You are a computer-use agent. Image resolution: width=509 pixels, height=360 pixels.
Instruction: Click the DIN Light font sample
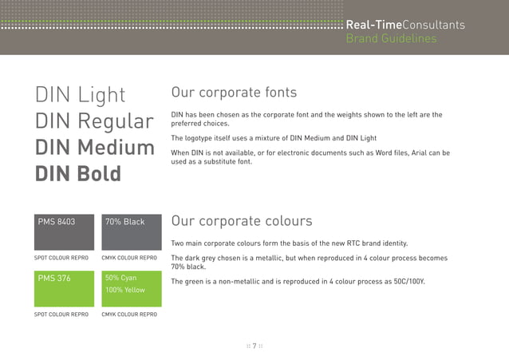click(x=80, y=95)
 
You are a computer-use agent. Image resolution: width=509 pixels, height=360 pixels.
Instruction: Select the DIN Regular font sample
click(x=94, y=121)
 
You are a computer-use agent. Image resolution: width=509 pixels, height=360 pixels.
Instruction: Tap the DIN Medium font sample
click(x=94, y=148)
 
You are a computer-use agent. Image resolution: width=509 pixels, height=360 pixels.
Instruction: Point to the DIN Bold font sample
click(x=77, y=173)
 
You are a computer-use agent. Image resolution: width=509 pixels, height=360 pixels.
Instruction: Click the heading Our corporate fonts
click(x=234, y=93)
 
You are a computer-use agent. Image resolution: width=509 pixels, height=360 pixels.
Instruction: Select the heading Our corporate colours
click(x=242, y=220)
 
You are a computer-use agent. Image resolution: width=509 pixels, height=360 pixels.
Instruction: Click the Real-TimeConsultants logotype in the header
click(x=404, y=26)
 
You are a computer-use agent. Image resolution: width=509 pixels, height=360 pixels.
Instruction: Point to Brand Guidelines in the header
click(x=391, y=38)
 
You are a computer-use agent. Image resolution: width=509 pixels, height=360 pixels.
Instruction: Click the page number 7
click(x=254, y=346)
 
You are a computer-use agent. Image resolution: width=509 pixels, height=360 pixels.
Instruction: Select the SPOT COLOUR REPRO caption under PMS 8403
click(x=61, y=258)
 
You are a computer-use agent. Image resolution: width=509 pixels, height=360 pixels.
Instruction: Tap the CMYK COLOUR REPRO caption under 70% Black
click(x=129, y=258)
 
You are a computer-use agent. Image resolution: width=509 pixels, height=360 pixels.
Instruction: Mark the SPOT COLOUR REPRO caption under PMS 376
click(x=61, y=315)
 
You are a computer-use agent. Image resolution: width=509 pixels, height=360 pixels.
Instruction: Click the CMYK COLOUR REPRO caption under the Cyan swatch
click(x=129, y=315)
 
